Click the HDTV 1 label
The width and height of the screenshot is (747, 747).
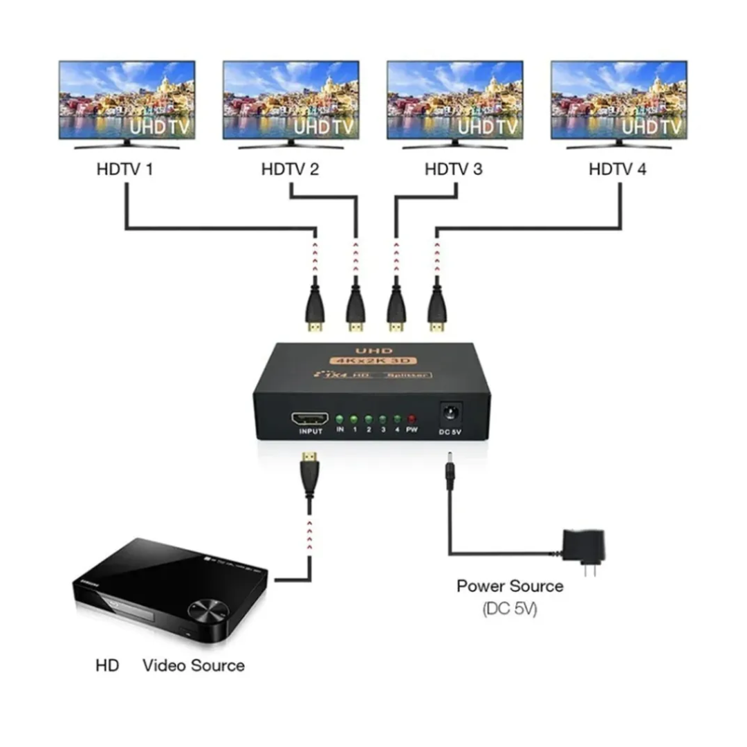click(124, 169)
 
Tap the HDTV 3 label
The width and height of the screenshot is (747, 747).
click(453, 169)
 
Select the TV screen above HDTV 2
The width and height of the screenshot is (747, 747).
click(290, 100)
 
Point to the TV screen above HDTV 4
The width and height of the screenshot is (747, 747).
click(618, 100)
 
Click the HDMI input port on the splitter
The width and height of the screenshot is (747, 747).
click(311, 419)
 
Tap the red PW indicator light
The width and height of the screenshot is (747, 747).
click(412, 419)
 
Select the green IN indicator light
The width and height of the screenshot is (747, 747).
click(340, 419)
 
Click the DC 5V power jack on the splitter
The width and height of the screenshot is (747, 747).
click(451, 414)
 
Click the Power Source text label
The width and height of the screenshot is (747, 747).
click(510, 587)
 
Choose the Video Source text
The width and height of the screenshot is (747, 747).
click(194, 665)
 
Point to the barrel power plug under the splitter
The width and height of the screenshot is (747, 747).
click(450, 470)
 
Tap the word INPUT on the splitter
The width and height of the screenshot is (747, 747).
click(311, 432)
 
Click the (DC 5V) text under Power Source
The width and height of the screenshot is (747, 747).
click(510, 609)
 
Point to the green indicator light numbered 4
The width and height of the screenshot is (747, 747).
click(398, 419)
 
